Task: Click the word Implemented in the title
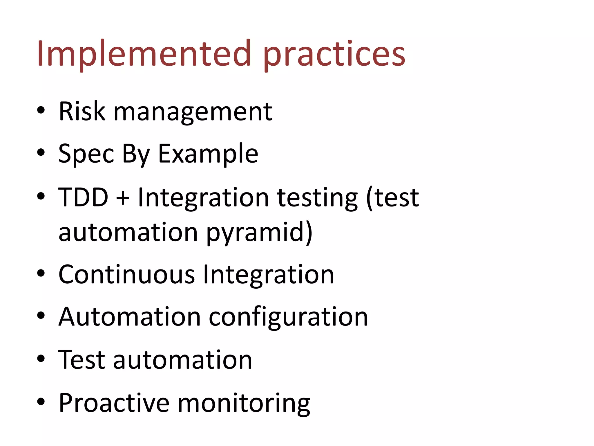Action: (144, 54)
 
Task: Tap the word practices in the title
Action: (334, 55)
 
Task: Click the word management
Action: (193, 112)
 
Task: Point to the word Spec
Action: (86, 154)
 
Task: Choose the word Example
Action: (208, 154)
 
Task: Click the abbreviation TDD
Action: (83, 197)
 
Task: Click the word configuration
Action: (288, 317)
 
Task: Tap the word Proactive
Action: (114, 403)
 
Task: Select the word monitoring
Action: (244, 404)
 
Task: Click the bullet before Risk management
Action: (41, 111)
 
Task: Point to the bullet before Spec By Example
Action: (41, 152)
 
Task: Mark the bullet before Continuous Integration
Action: (41, 273)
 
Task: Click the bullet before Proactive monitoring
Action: (41, 402)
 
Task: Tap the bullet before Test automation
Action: (41, 359)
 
